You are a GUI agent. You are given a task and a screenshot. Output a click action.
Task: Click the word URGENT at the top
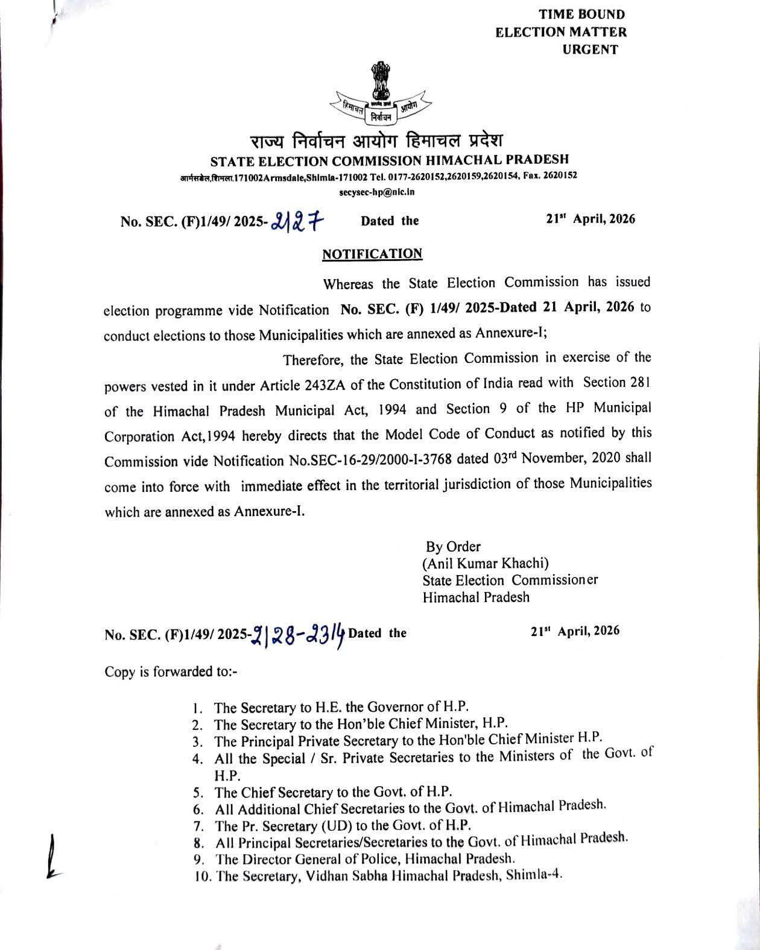[x=590, y=50]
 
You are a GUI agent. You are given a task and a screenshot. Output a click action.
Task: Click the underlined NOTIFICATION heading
[x=372, y=254]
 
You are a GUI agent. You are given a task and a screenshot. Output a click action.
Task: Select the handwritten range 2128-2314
[x=298, y=634]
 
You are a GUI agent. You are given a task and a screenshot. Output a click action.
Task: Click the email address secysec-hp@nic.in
[x=377, y=192]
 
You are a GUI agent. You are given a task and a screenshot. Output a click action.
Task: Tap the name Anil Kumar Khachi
[x=486, y=564]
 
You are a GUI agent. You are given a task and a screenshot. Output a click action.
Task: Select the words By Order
[x=453, y=547]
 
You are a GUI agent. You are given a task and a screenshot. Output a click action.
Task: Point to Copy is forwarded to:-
[x=171, y=672]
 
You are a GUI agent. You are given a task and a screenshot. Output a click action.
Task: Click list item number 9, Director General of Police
[x=365, y=858]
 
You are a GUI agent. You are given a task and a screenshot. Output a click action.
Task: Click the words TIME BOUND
[x=573, y=14]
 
